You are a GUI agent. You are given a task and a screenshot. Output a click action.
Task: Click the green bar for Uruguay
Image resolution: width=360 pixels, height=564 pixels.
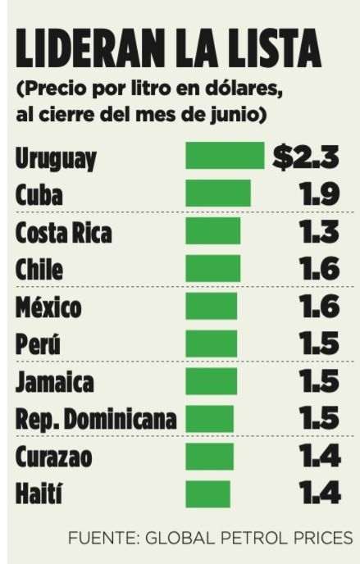[225, 156]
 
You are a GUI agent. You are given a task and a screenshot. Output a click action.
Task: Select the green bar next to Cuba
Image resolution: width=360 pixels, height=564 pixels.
[218, 193]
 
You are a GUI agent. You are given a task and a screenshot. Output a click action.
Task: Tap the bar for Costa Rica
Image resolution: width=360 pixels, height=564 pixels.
[213, 230]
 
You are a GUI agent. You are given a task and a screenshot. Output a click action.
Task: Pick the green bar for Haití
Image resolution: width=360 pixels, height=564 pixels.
[207, 493]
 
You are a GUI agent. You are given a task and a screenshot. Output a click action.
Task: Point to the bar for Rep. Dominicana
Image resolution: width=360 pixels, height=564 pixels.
[209, 419]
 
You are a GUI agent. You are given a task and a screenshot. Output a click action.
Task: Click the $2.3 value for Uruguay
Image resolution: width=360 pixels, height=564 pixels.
[306, 157]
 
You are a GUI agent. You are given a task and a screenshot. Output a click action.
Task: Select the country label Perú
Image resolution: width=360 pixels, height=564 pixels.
[38, 343]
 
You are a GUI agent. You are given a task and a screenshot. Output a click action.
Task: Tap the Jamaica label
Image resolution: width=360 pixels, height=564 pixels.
[55, 382]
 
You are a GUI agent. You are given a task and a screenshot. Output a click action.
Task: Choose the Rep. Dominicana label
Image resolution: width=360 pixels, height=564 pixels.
[96, 420]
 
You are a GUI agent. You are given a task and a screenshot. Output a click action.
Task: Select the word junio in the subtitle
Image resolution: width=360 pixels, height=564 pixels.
[233, 115]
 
